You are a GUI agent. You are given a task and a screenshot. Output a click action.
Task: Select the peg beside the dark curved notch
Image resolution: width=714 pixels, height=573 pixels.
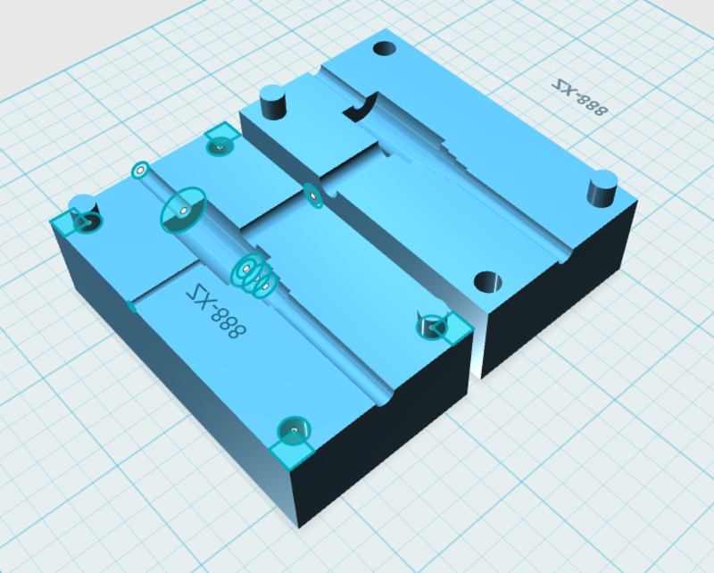point(271,102)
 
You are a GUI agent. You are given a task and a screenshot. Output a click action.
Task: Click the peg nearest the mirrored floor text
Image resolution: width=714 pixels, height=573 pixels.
point(603,188)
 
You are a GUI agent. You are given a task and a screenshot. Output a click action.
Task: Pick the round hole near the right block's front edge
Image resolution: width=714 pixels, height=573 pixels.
point(487,283)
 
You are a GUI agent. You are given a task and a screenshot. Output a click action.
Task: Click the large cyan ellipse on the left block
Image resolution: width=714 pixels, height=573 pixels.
point(183,211)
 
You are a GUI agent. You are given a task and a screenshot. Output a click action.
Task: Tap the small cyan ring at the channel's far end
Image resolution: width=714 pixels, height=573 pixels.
point(140,170)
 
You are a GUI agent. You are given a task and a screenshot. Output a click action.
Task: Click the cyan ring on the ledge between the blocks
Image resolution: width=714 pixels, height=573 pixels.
point(311,195)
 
